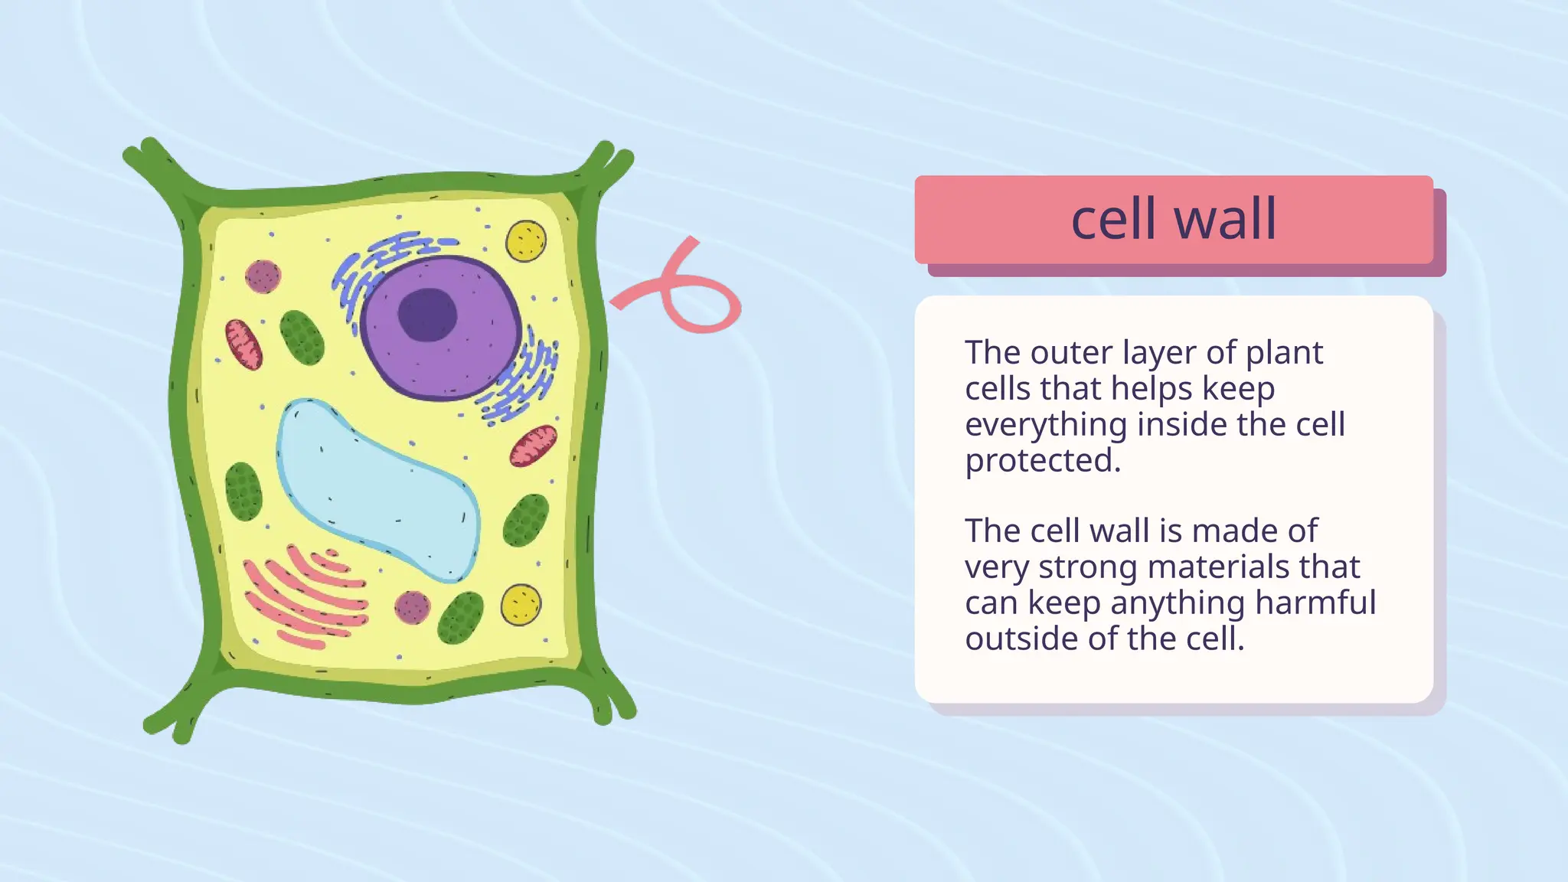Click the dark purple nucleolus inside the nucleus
[x=427, y=315]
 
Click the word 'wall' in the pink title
[x=1225, y=219]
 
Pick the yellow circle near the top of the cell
[x=526, y=240]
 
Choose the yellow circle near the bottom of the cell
[x=521, y=605]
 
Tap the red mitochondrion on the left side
[x=243, y=345]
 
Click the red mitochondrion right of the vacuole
[x=534, y=446]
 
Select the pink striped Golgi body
[x=306, y=597]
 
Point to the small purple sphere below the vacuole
[x=412, y=607]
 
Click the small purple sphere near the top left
[x=263, y=276]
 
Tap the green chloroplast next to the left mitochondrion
[x=302, y=338]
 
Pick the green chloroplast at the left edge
[x=243, y=492]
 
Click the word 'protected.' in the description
[x=1042, y=461]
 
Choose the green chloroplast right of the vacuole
[x=526, y=520]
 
